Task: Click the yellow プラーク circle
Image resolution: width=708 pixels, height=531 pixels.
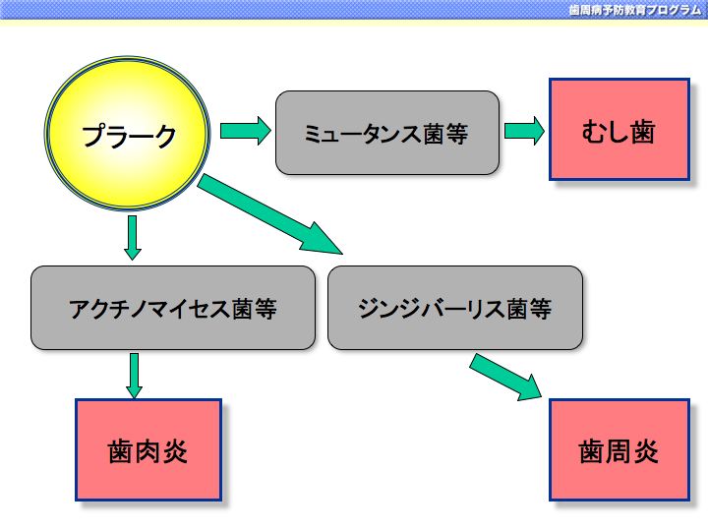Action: (x=127, y=133)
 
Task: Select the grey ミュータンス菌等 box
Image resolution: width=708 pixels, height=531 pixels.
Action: (x=387, y=133)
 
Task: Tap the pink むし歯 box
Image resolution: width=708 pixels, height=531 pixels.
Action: (x=619, y=130)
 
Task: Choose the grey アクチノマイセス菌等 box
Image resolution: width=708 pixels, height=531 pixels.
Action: (x=173, y=308)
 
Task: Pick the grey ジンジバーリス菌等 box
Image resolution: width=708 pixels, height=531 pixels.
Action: (x=455, y=308)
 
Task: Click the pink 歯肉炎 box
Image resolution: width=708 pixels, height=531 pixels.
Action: (x=148, y=449)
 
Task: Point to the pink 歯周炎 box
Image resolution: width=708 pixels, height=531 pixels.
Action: (x=619, y=449)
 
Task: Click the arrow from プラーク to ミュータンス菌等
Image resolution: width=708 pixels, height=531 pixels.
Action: (x=245, y=131)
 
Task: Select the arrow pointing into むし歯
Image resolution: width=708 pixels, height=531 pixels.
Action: (x=524, y=131)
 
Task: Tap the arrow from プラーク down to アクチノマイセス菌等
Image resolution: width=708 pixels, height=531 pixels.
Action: (x=133, y=238)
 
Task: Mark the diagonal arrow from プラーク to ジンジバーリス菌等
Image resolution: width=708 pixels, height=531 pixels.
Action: (x=270, y=214)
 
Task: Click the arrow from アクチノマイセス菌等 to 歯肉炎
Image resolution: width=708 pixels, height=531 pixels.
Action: (x=134, y=376)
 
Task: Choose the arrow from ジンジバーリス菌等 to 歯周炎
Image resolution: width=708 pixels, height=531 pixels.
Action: (x=505, y=377)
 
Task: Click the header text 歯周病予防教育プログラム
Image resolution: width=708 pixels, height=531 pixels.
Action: (x=634, y=10)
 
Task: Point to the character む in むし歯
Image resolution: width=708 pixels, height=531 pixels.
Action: (x=593, y=132)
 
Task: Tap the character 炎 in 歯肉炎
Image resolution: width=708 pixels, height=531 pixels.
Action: (x=175, y=451)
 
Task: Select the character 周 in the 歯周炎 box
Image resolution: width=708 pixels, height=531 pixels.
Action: (x=619, y=451)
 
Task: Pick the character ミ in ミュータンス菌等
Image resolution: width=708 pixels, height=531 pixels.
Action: (x=312, y=134)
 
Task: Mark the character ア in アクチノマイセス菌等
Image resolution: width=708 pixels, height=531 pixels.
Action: (x=79, y=310)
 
